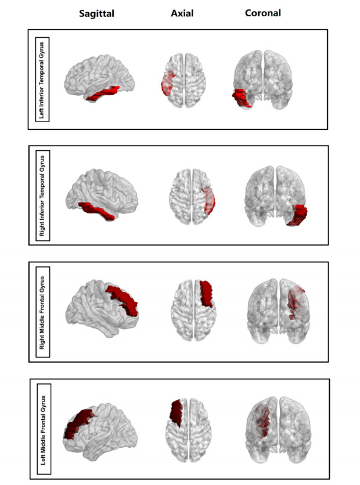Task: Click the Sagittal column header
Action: coord(96,13)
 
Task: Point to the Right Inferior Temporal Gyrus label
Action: coord(43,194)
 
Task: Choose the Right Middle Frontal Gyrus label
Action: coord(44,311)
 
